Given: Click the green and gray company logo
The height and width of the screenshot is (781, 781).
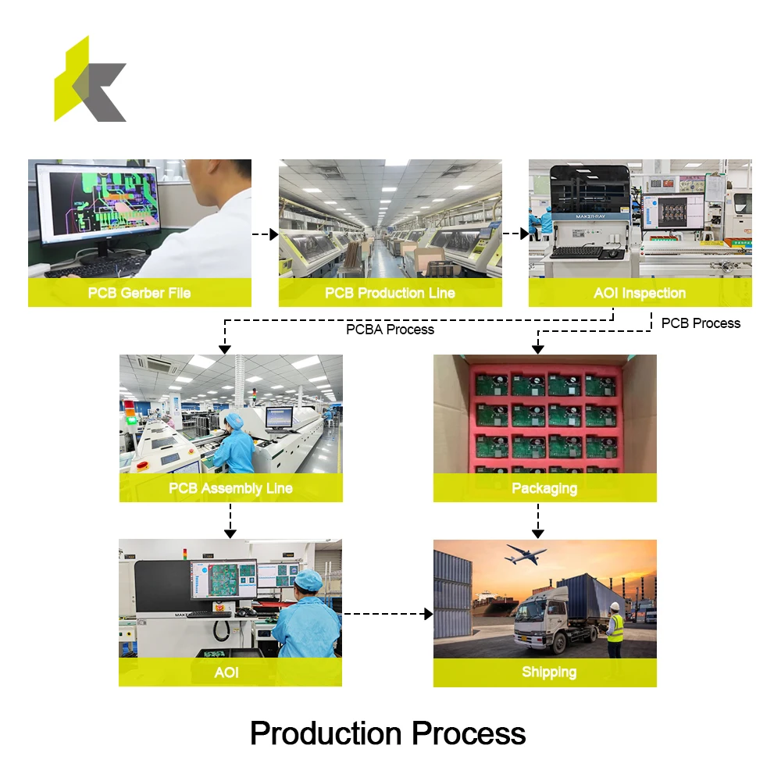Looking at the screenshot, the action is pos(90,81).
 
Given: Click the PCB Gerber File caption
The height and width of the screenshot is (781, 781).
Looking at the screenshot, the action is pos(139,293).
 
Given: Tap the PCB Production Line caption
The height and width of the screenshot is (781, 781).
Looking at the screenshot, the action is pos(390,293).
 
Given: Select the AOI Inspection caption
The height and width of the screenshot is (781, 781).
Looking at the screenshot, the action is pos(640,293).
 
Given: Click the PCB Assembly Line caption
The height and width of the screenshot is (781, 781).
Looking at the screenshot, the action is pos(230,488).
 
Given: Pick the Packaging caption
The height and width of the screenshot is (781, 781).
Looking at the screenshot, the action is pos(544,488).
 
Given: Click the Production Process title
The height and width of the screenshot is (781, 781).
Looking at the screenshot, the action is pos(387,733).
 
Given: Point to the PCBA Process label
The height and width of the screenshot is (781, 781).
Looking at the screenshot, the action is pos(390,330).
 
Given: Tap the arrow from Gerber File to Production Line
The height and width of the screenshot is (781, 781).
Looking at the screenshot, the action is pos(266,234).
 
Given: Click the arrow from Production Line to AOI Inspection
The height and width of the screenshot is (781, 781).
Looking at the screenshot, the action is pos(515,234).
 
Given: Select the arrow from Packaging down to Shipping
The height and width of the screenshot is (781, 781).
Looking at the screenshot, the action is pos(538,520).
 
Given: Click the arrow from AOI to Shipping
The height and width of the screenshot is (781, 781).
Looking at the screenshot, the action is pos(387,614).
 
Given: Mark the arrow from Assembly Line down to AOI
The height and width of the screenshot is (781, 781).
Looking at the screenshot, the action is pos(230,520).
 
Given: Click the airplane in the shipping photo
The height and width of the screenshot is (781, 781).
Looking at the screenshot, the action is pos(526,555).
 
